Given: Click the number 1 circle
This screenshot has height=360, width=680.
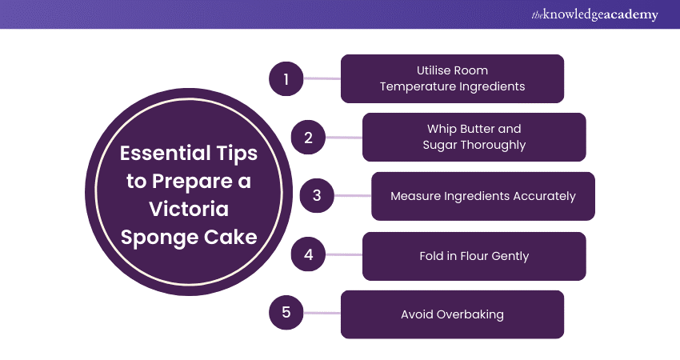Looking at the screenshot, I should pyautogui.click(x=286, y=78).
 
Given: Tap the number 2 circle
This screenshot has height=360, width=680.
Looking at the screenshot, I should pyautogui.click(x=307, y=137).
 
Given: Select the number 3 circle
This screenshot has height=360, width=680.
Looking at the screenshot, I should pyautogui.click(x=316, y=196).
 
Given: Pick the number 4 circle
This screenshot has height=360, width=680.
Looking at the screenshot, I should pyautogui.click(x=307, y=255).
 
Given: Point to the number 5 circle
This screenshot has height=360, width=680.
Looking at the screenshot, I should pyautogui.click(x=286, y=314).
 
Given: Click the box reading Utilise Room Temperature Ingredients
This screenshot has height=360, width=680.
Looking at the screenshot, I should pyautogui.click(x=452, y=78).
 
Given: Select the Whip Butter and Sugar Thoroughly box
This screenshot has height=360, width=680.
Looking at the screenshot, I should pyautogui.click(x=474, y=137).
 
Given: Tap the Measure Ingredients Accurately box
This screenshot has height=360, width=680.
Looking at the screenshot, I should pyautogui.click(x=482, y=196).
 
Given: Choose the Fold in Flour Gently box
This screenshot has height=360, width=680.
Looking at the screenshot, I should pyautogui.click(x=474, y=256).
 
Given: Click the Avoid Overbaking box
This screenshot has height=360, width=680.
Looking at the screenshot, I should pyautogui.click(x=452, y=314).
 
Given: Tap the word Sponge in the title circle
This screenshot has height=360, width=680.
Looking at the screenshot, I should pyautogui.click(x=158, y=238).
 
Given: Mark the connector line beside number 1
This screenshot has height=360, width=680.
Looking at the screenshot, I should pyautogui.click(x=321, y=78).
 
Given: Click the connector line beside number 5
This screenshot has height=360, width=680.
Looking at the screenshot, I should pyautogui.click(x=321, y=314).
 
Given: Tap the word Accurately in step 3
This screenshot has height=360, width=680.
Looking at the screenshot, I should pyautogui.click(x=543, y=196).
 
